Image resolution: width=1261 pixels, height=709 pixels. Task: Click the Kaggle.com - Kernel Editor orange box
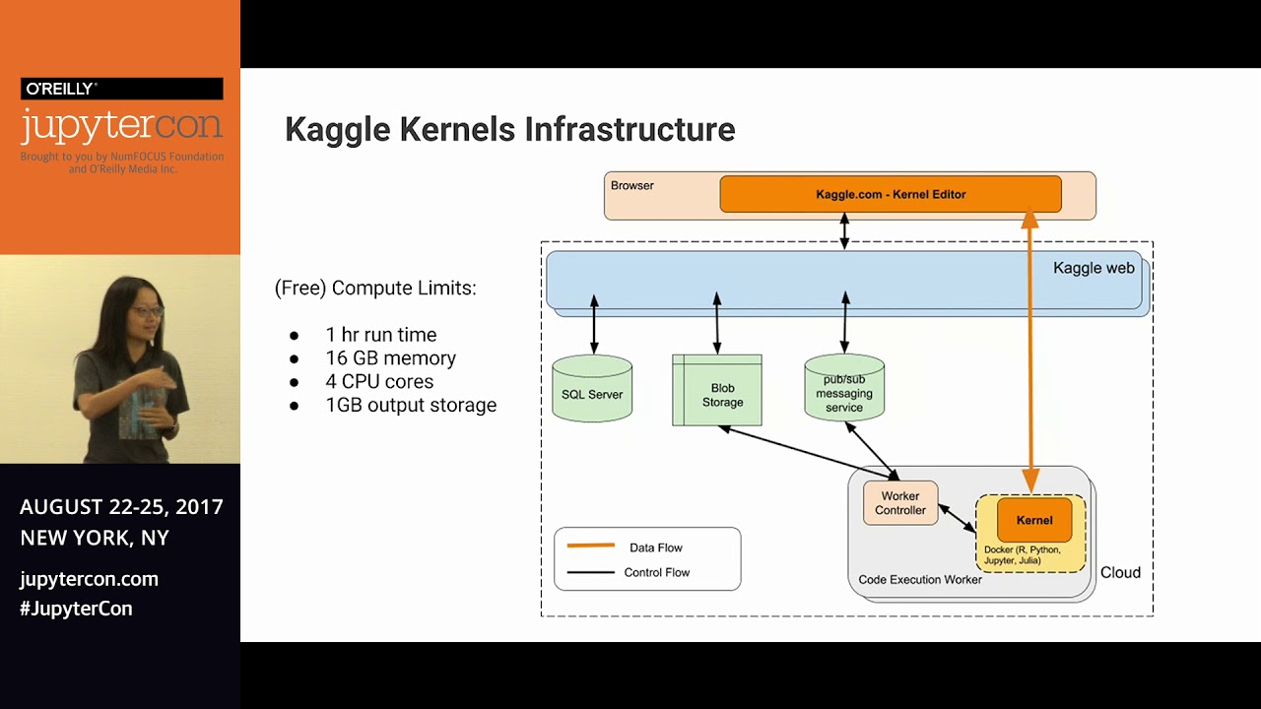[x=890, y=194]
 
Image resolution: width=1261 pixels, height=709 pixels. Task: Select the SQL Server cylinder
[x=592, y=394]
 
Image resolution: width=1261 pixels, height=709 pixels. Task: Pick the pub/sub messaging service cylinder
[x=844, y=393]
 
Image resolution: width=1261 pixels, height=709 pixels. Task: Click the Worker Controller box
[x=899, y=503]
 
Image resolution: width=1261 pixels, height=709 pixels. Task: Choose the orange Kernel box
[x=1033, y=520]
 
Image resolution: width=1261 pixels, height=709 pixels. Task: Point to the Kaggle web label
[x=1094, y=268]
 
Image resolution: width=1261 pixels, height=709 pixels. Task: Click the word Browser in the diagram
[x=631, y=185]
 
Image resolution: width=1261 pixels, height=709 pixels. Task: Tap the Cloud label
[x=1120, y=572]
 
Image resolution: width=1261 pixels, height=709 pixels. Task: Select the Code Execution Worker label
[x=920, y=580]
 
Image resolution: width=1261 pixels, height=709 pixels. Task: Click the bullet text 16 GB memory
[x=390, y=358]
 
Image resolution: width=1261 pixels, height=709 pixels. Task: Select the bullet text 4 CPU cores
[x=379, y=381]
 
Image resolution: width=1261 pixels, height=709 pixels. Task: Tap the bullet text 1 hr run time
[x=380, y=335]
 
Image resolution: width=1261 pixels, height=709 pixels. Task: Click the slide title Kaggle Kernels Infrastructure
[x=509, y=129]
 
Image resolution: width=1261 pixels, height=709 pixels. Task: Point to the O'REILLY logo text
[x=61, y=89]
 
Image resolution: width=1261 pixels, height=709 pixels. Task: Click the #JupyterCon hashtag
[x=76, y=609]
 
